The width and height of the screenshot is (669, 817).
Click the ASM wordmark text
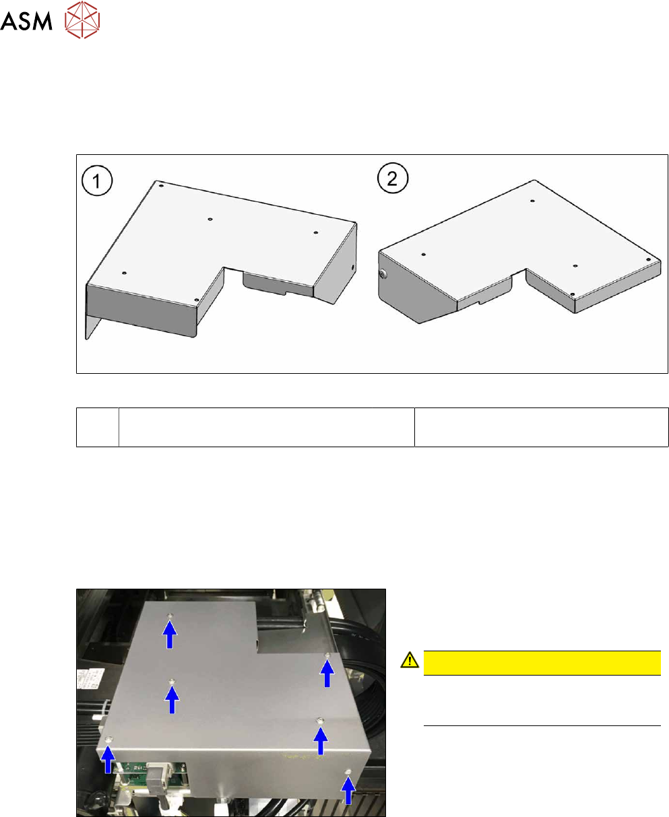[x=26, y=21]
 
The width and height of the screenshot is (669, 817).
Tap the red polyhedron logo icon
[x=82, y=20]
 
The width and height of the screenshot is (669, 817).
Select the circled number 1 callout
[x=97, y=181]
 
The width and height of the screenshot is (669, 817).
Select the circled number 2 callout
[x=393, y=178]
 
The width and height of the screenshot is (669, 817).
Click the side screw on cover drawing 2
[x=383, y=274]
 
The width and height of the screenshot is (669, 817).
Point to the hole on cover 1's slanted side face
[x=353, y=267]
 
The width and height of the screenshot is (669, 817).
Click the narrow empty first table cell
[x=98, y=427]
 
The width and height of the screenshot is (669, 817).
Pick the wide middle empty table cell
[x=267, y=427]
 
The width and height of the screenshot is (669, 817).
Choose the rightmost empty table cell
[x=542, y=427]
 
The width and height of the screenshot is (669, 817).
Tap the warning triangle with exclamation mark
[x=410, y=661]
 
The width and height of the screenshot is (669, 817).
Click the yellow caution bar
[x=542, y=663]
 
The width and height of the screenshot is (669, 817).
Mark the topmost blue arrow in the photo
[x=170, y=634]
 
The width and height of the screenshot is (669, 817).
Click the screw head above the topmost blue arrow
[x=170, y=616]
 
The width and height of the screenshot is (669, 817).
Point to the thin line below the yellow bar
[x=542, y=725]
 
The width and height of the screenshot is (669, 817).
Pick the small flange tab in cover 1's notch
[x=278, y=284]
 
